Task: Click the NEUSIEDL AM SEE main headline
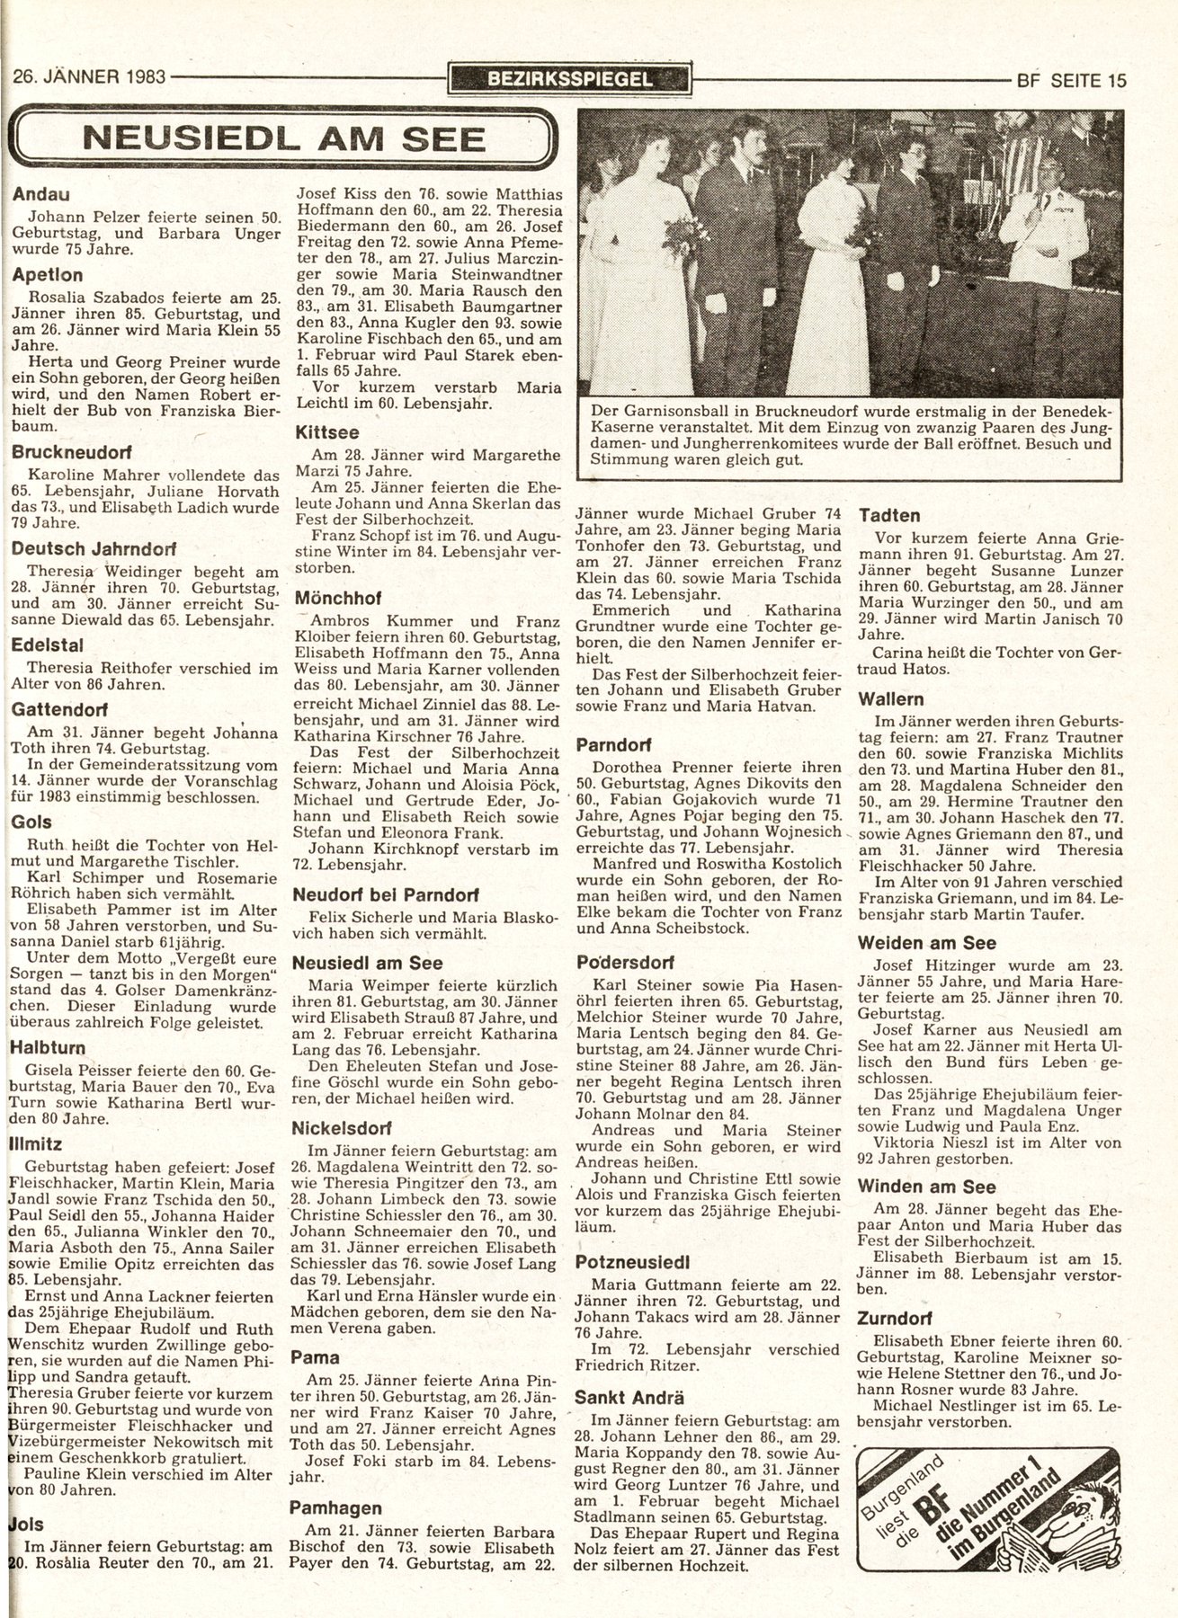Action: click(284, 139)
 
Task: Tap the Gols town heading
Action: click(32, 822)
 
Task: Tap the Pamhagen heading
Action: click(336, 1507)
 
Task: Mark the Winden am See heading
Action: click(927, 1187)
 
